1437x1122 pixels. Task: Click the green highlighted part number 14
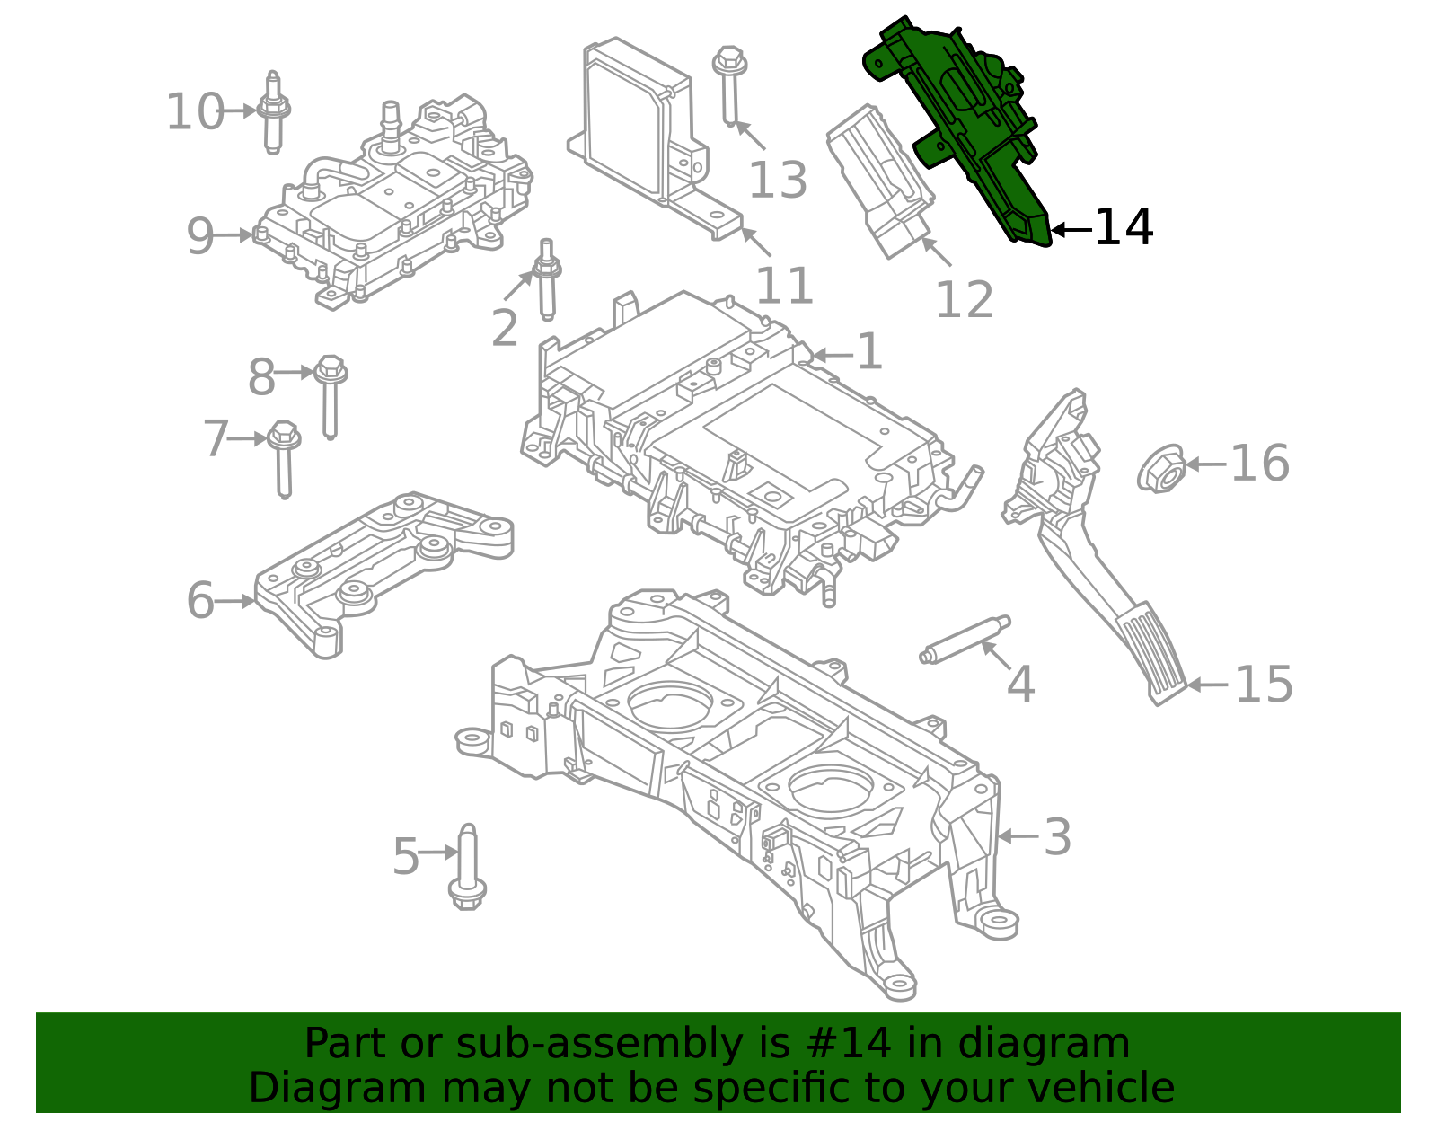(965, 126)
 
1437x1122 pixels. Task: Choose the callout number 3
(1057, 836)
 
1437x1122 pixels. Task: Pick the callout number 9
(200, 236)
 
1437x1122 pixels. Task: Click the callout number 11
(783, 286)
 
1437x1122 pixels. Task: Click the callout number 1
(868, 352)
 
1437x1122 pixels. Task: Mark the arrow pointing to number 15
(1207, 685)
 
